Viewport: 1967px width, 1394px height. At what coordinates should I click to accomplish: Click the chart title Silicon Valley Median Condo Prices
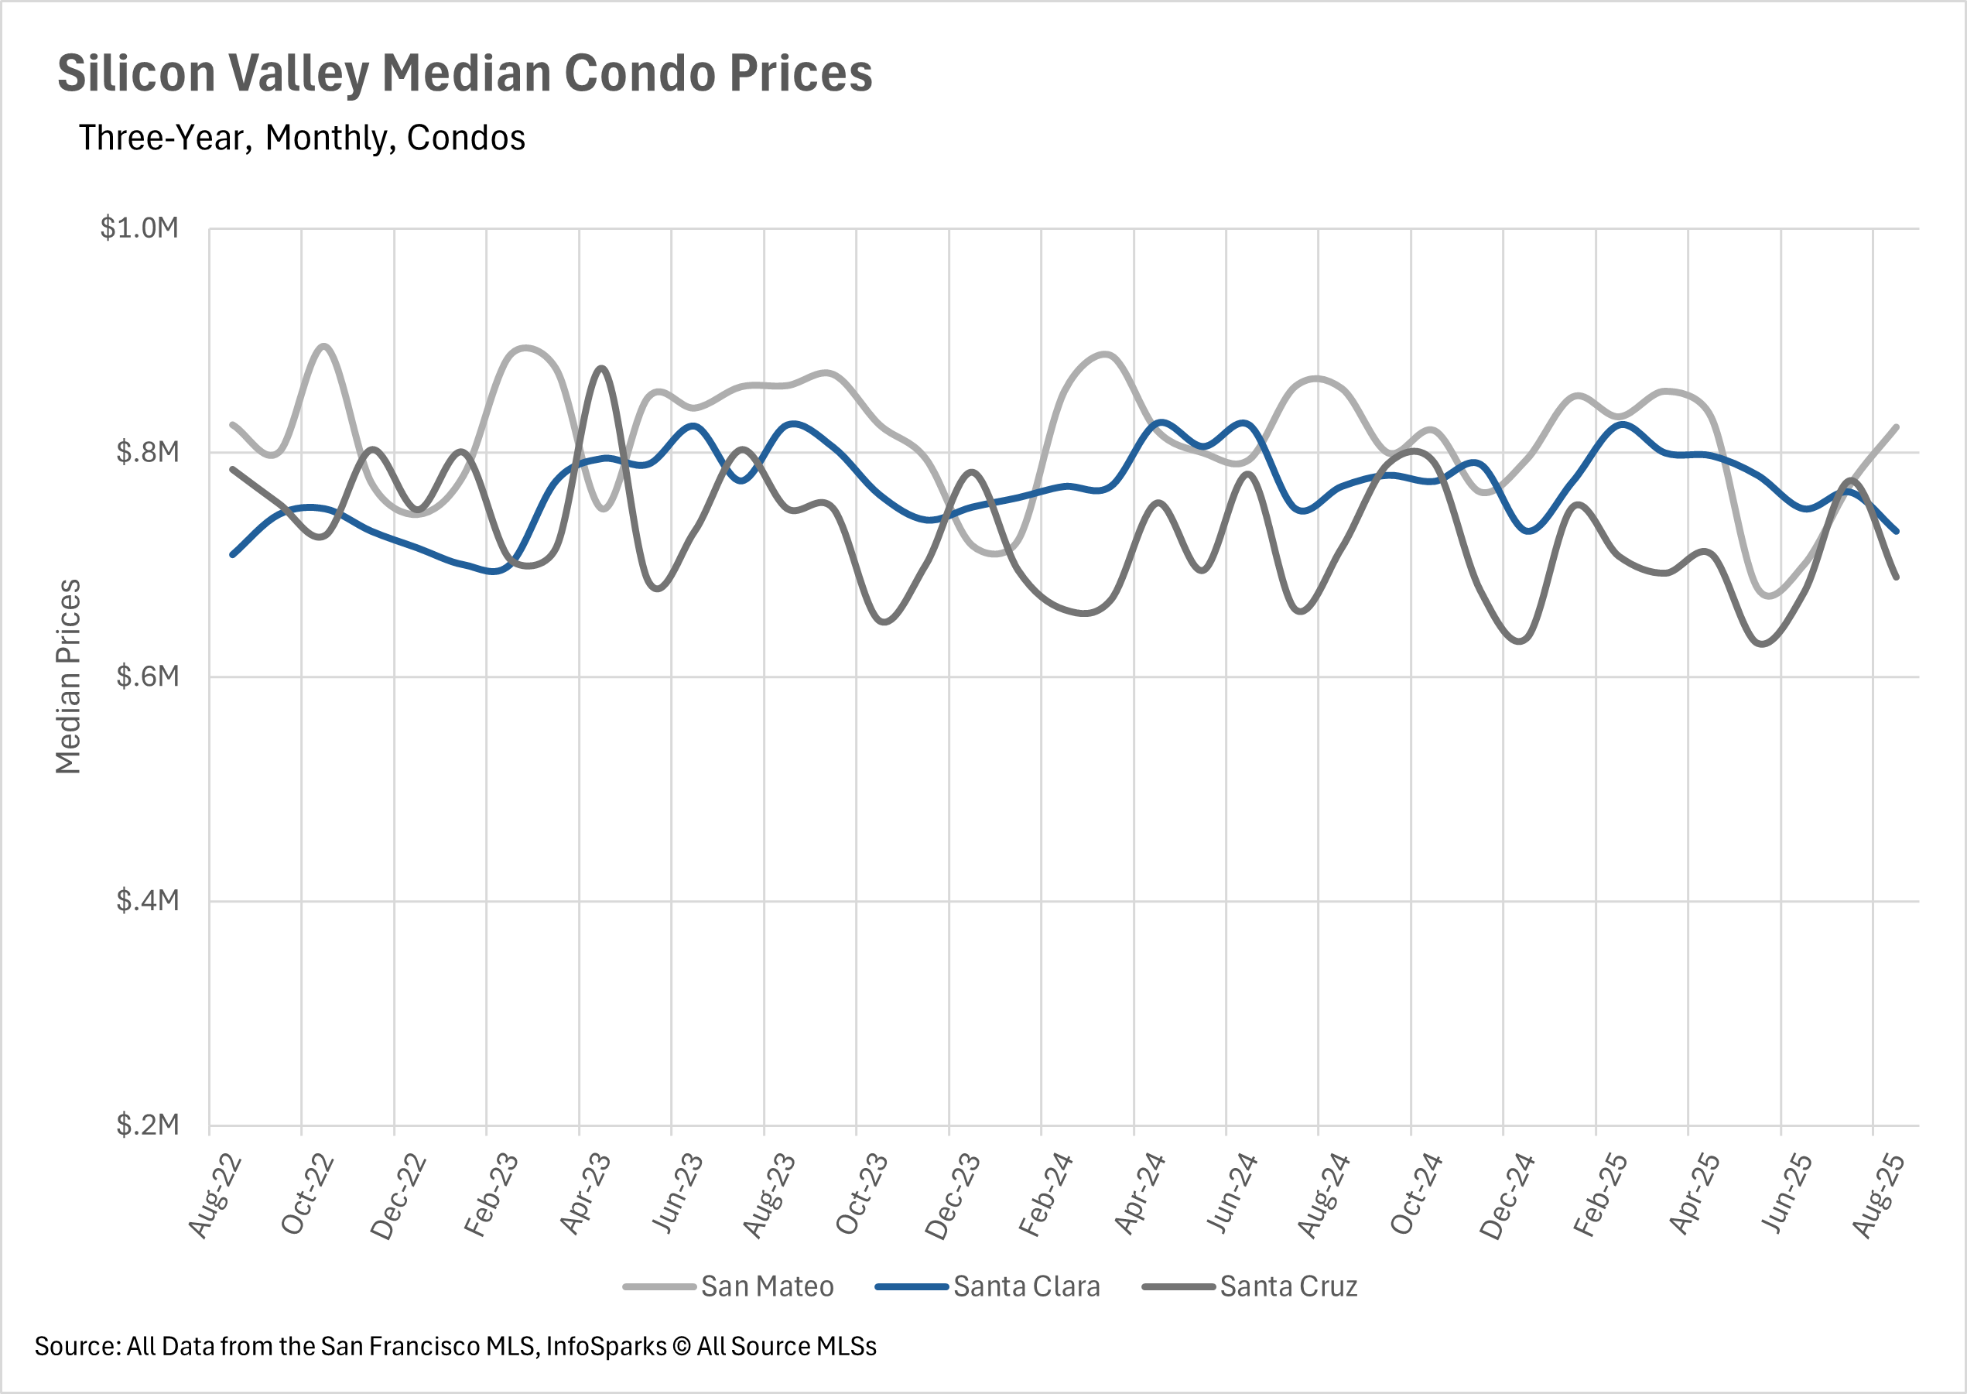click(x=464, y=73)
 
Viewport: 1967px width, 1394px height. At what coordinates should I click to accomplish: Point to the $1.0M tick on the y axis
click(x=139, y=228)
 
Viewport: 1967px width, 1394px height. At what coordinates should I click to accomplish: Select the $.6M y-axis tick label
click(x=148, y=676)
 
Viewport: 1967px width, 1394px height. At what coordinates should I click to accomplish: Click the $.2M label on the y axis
click(x=148, y=1125)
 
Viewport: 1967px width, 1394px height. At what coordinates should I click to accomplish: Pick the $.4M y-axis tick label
click(x=148, y=900)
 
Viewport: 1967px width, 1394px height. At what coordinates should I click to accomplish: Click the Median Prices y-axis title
click(x=68, y=676)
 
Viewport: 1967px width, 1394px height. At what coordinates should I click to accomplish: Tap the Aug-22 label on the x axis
click(x=214, y=1197)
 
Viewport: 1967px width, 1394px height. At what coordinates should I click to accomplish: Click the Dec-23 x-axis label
click(x=953, y=1197)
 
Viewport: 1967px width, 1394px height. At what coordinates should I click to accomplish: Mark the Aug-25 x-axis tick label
click(x=1879, y=1197)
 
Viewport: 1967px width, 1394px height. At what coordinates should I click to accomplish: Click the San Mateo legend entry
click(x=766, y=1286)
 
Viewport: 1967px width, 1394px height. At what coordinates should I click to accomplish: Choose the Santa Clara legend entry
click(x=1025, y=1286)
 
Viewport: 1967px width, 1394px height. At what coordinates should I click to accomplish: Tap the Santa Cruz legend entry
click(x=1288, y=1286)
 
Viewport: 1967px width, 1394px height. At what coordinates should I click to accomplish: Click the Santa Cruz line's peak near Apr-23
click(x=603, y=368)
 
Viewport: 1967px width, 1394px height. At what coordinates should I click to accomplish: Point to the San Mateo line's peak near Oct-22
click(x=324, y=346)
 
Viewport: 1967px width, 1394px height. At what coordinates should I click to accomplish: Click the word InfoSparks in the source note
click(x=606, y=1347)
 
